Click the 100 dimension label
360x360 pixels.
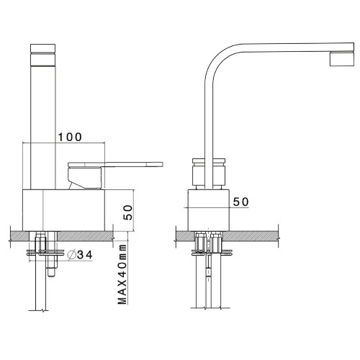point(69,136)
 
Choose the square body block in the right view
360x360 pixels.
point(208,210)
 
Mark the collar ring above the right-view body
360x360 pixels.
point(208,173)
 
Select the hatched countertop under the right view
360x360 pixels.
point(252,235)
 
